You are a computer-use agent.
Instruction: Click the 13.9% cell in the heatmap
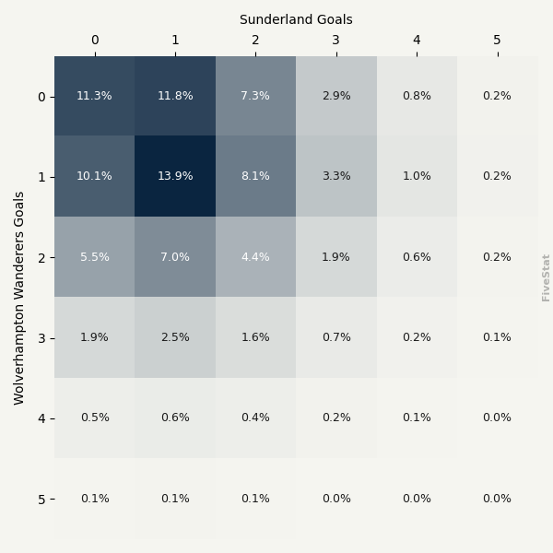pyautogui.click(x=175, y=176)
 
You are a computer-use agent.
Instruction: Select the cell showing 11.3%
pyautogui.click(x=94, y=96)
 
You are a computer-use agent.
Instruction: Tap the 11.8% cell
pyautogui.click(x=175, y=96)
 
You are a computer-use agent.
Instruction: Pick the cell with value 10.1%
pyautogui.click(x=94, y=176)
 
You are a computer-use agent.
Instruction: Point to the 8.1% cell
pyautogui.click(x=255, y=176)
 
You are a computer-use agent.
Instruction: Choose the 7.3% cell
pyautogui.click(x=255, y=96)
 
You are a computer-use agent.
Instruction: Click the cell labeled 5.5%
pyautogui.click(x=94, y=257)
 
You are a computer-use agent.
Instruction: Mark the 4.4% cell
pyautogui.click(x=255, y=257)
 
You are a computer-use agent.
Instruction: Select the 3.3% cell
pyautogui.click(x=336, y=176)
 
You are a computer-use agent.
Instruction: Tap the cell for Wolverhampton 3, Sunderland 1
pyautogui.click(x=175, y=337)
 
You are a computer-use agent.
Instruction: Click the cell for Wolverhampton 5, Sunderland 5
pyautogui.click(x=497, y=499)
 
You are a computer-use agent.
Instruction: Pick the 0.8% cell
pyautogui.click(x=417, y=96)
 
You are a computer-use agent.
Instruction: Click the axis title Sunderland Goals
pyautogui.click(x=296, y=19)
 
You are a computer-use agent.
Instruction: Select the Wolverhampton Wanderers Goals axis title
pyautogui.click(x=19, y=298)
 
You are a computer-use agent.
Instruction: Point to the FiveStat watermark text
pyautogui.click(x=547, y=277)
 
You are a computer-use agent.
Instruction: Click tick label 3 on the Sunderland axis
pyautogui.click(x=336, y=41)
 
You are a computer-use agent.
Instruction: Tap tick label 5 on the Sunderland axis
pyautogui.click(x=497, y=41)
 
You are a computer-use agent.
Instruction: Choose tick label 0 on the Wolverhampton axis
pyautogui.click(x=41, y=97)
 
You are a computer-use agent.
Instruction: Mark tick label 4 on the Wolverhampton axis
pyautogui.click(x=41, y=418)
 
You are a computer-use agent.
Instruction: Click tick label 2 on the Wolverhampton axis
pyautogui.click(x=41, y=258)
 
